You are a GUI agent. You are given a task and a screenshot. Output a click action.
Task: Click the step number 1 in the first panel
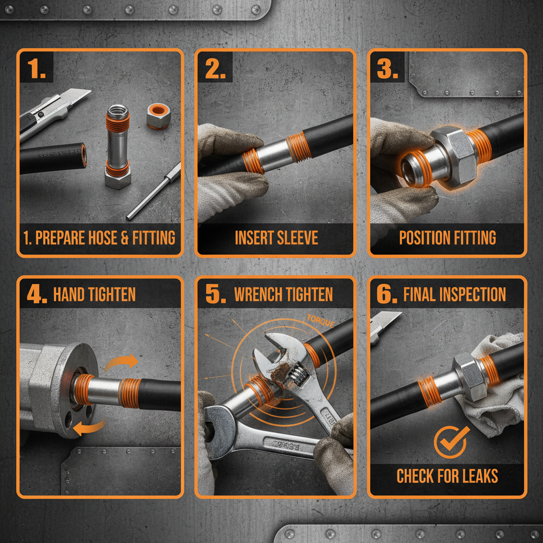point(36,69)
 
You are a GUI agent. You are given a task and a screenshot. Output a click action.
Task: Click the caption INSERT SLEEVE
point(276,238)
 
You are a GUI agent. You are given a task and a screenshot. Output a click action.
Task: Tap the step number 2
point(215,69)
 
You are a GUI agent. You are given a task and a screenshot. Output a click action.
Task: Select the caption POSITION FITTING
point(448,238)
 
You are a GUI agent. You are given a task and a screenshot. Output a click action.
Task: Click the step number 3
point(387,69)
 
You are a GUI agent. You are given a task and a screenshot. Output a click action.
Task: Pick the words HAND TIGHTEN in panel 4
point(94,294)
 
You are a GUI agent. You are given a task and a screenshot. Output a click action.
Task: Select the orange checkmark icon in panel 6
point(451,442)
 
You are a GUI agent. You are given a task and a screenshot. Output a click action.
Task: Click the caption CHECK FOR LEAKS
point(447,476)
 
